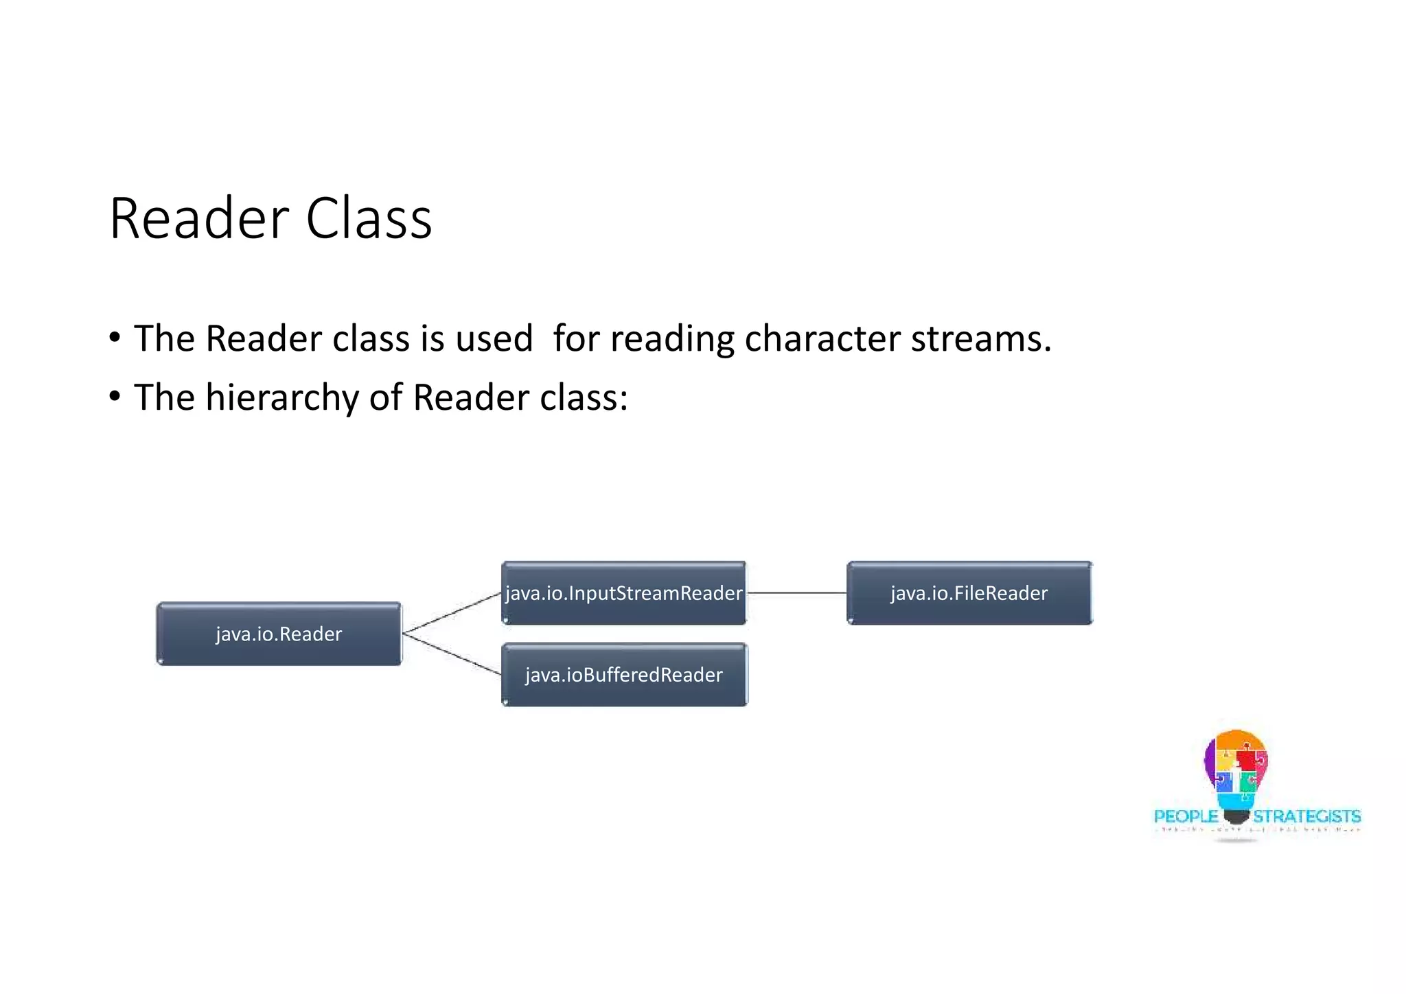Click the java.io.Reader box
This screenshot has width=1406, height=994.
click(x=279, y=634)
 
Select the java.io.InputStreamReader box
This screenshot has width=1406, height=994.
click(x=623, y=593)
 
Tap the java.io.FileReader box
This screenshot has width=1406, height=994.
click(x=969, y=593)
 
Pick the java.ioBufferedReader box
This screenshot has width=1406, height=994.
click(x=623, y=675)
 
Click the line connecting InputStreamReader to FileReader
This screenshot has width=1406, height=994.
click(x=796, y=592)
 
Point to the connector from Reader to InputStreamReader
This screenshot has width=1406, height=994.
click(x=452, y=612)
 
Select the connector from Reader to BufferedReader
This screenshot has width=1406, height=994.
click(x=452, y=654)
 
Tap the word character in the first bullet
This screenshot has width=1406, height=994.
click(x=822, y=339)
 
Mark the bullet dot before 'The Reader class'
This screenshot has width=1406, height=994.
click(x=115, y=338)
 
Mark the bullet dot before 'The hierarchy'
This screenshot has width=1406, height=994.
click(x=115, y=397)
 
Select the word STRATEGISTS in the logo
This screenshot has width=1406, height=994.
click(x=1306, y=816)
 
